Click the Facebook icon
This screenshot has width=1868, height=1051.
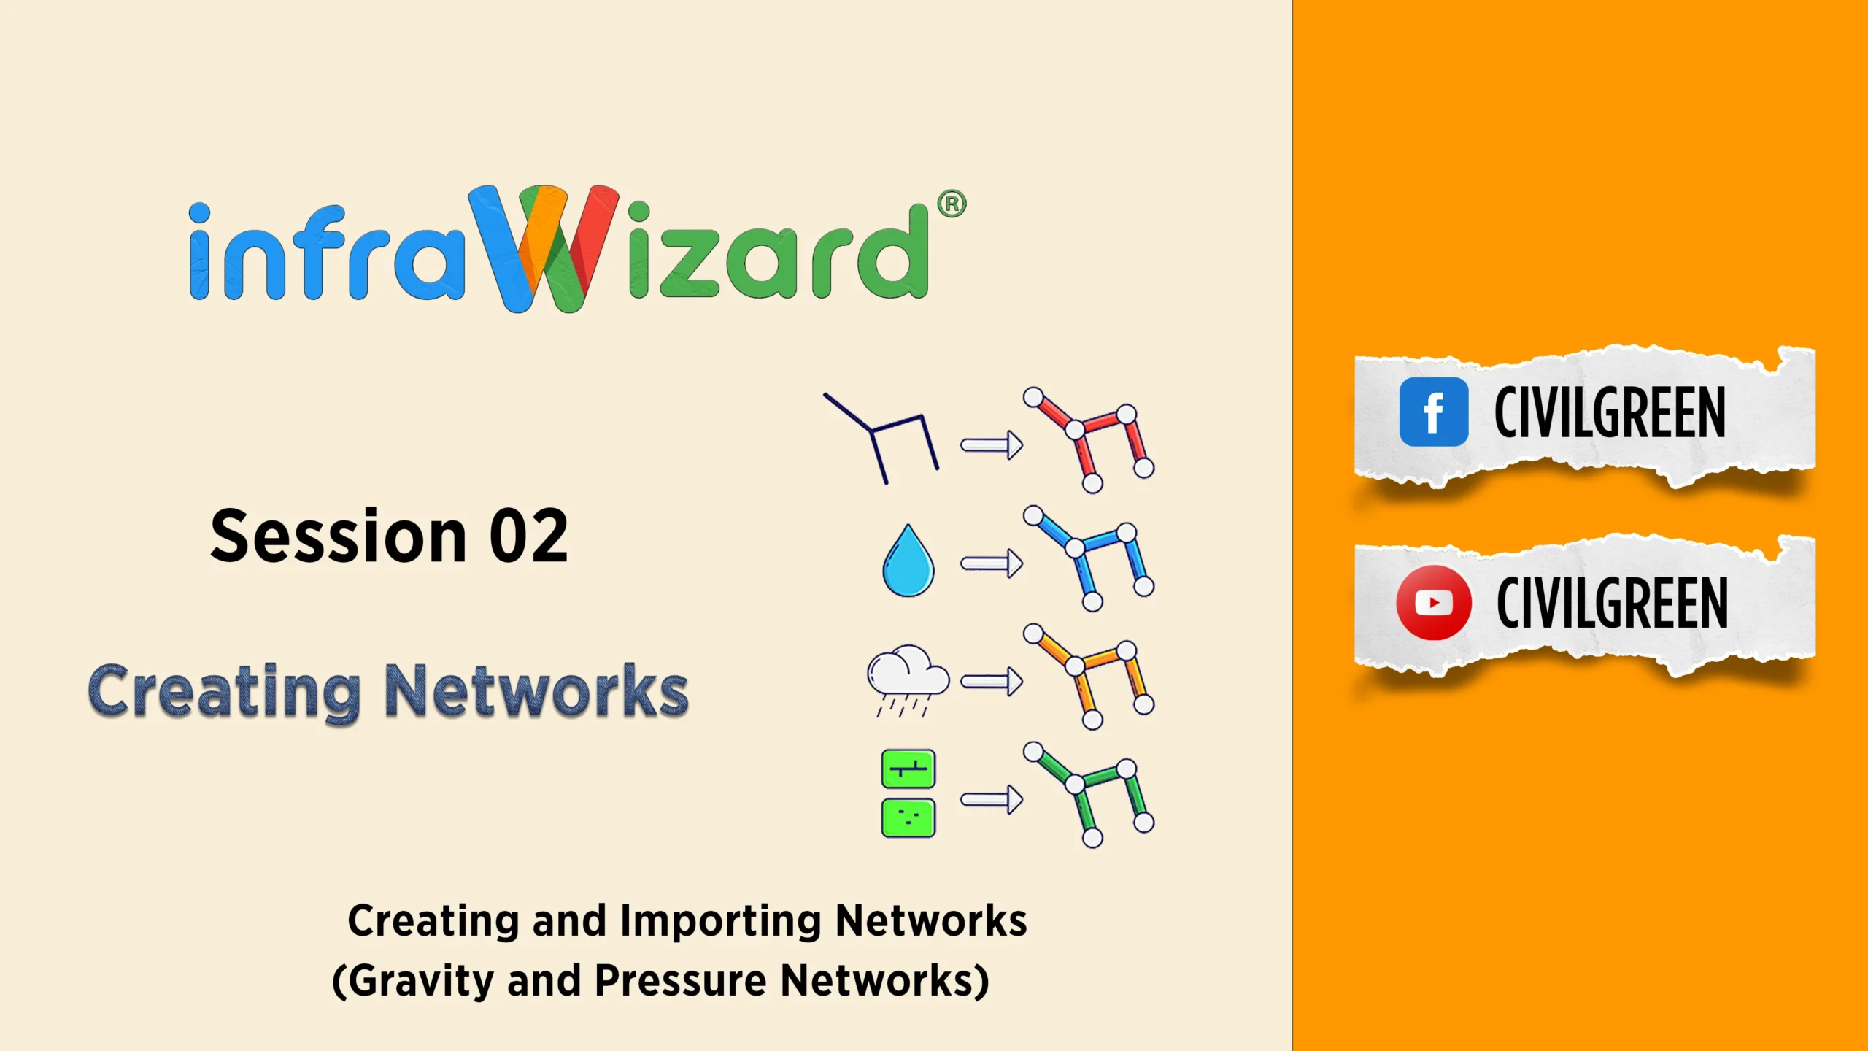click(1434, 412)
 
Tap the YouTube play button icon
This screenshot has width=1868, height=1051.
click(1434, 603)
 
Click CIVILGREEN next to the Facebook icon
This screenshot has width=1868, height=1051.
click(1610, 412)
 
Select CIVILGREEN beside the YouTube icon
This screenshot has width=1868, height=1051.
click(1613, 602)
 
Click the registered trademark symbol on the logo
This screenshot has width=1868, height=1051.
click(952, 204)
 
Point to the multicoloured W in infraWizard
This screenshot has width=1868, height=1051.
click(544, 248)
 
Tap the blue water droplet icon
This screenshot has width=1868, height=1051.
click(908, 561)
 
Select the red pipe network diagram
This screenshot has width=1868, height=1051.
click(1089, 440)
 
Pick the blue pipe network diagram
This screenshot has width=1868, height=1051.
click(1089, 558)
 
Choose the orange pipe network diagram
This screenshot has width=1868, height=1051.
click(1089, 677)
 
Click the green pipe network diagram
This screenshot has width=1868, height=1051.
click(1089, 795)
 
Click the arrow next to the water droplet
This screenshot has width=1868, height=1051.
click(992, 563)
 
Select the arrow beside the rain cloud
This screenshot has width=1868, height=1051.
click(992, 682)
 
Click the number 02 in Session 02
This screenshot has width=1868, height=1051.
click(528, 536)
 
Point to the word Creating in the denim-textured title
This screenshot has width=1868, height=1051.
click(224, 691)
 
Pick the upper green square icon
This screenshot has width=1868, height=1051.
click(908, 769)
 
